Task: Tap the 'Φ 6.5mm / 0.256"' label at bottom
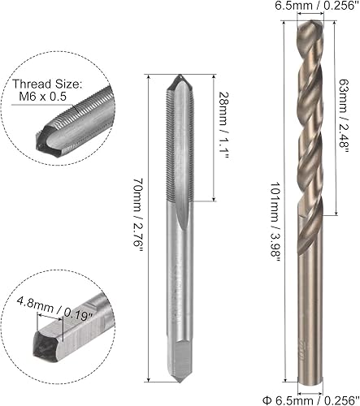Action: click(312, 397)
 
